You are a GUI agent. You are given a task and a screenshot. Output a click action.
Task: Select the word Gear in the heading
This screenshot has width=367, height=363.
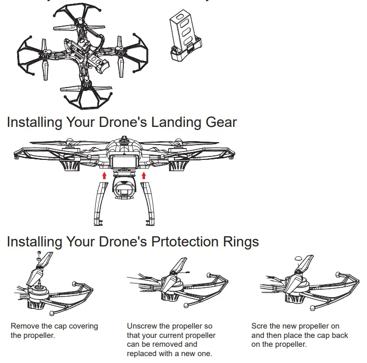click(x=221, y=122)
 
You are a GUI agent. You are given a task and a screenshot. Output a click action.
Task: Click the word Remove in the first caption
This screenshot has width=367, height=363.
click(x=26, y=326)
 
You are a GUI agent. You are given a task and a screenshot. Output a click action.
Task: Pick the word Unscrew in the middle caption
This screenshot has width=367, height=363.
click(x=143, y=326)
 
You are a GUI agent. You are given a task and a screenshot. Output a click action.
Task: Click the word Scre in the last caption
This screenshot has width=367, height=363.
click(x=260, y=326)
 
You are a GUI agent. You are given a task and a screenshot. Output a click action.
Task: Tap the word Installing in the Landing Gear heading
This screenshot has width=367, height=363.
click(x=34, y=122)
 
